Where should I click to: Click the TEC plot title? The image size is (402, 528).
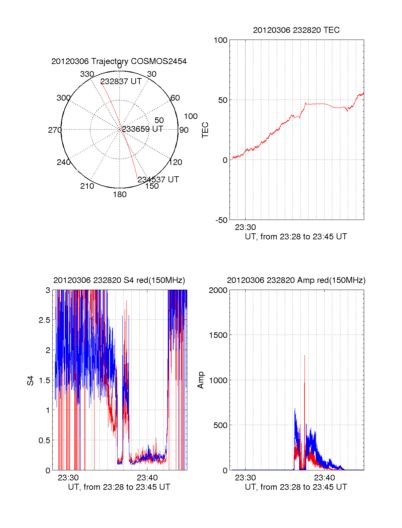point(296,30)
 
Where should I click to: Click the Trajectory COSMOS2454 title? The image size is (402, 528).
point(119,61)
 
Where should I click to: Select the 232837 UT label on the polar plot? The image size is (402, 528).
point(121,81)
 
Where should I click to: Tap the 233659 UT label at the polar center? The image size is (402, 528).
point(142,129)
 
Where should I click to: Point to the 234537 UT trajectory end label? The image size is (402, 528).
point(158,180)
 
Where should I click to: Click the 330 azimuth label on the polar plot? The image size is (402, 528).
point(87,74)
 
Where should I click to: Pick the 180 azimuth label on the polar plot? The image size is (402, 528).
point(120,194)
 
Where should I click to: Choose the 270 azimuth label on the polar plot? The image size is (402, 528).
point(55,130)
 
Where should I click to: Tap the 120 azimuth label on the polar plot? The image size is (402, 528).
point(176,162)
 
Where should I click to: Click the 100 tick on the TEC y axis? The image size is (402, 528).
point(220,40)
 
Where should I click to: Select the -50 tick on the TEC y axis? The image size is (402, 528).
point(221,220)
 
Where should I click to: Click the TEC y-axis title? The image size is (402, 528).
point(205,130)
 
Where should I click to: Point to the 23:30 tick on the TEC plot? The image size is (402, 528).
point(245,227)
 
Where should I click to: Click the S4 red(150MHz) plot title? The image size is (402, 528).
point(119,280)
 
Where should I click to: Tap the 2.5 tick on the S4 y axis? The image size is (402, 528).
point(44,320)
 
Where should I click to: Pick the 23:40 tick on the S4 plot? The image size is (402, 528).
point(147,478)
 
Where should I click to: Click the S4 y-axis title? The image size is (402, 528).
point(30,380)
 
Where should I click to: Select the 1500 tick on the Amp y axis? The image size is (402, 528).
point(218,335)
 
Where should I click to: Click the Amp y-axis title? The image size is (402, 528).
point(201,380)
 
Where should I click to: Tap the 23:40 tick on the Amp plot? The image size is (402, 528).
point(324,478)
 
